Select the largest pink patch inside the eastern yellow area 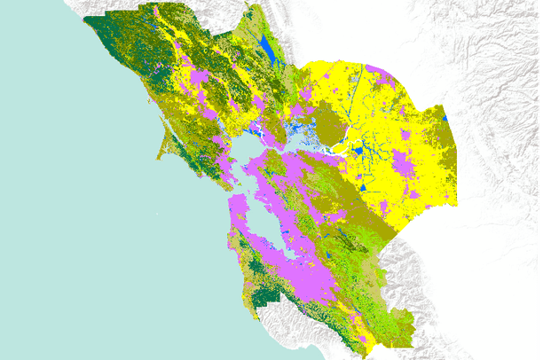pyautogui.click(x=404, y=164)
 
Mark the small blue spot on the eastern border pyautogui.click(x=444, y=115)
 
